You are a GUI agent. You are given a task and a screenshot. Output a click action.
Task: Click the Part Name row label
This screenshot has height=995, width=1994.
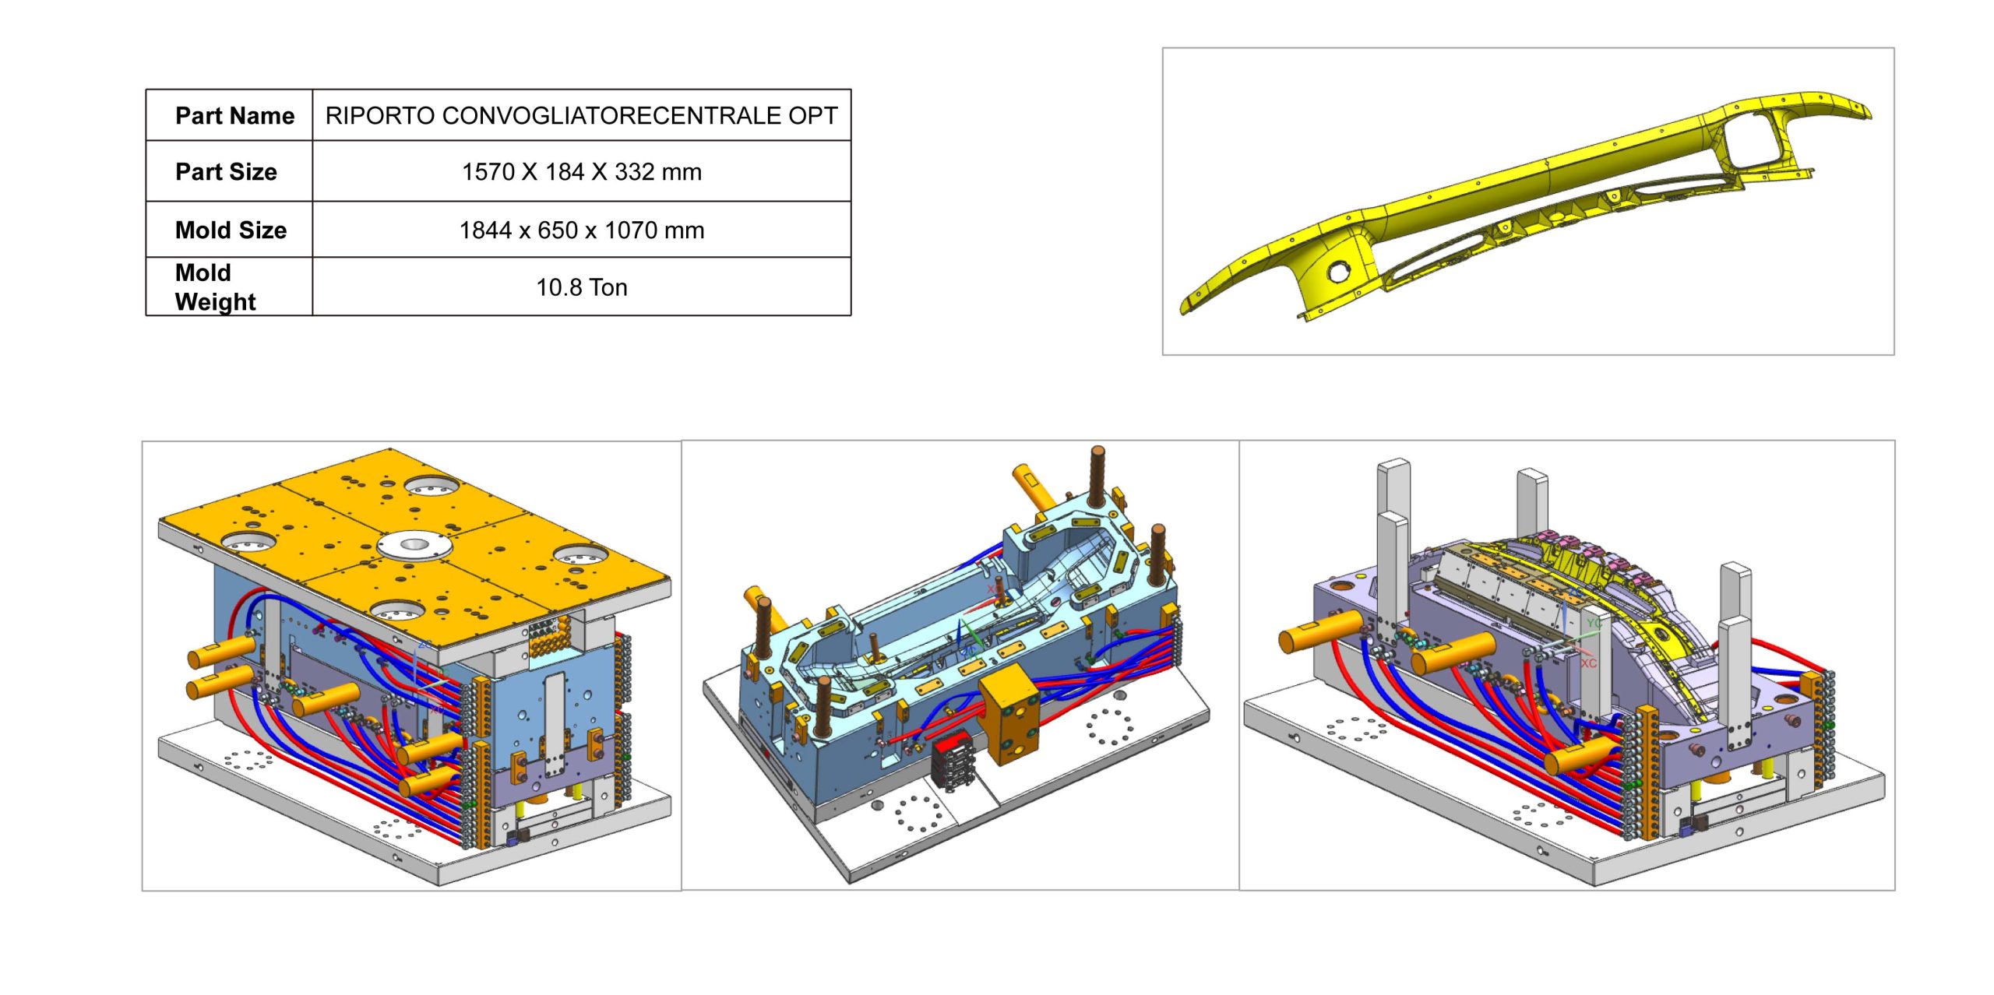click(234, 116)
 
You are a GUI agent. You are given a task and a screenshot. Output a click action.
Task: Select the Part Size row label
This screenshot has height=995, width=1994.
click(226, 172)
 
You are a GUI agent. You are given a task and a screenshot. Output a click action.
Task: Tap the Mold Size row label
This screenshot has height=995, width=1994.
click(231, 230)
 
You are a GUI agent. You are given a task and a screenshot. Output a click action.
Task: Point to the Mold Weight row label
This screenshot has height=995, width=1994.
click(215, 287)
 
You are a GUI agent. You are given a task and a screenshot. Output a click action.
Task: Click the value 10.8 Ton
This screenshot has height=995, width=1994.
click(581, 288)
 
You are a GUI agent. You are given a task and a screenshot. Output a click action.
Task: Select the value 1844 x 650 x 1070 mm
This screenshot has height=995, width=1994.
click(581, 230)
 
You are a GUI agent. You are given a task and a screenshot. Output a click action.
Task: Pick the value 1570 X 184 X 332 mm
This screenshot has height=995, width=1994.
click(581, 172)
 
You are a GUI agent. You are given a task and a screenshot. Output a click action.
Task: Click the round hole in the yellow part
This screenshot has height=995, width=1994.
click(1338, 272)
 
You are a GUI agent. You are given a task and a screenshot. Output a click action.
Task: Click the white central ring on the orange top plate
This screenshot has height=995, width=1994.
click(414, 543)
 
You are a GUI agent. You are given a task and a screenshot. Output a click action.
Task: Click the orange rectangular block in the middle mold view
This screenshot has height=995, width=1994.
click(1009, 715)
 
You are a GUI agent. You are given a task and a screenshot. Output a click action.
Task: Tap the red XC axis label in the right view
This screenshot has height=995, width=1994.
click(1588, 663)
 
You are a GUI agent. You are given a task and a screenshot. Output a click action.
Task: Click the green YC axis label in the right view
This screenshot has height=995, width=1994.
click(1594, 624)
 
